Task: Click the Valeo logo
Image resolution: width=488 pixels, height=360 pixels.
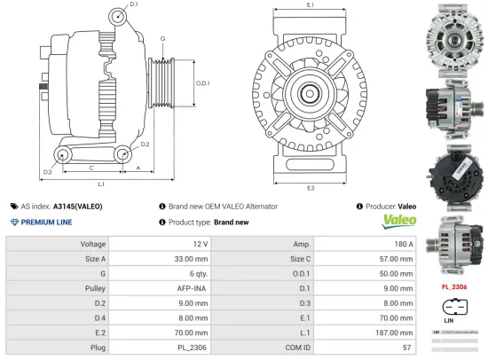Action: click(x=397, y=220)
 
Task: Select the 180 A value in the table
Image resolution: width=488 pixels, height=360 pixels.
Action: click(x=404, y=243)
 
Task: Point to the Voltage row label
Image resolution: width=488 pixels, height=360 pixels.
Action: click(x=93, y=243)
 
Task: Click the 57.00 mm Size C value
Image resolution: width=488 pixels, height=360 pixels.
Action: click(x=396, y=259)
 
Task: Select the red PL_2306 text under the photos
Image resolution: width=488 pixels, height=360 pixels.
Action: click(x=454, y=287)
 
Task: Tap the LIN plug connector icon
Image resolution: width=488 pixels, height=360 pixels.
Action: click(x=454, y=309)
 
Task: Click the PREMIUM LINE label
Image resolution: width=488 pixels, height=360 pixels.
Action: click(x=43, y=222)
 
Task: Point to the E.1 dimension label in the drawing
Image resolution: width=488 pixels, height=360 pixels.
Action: click(x=310, y=6)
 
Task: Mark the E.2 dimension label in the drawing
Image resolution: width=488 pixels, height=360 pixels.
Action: click(x=310, y=187)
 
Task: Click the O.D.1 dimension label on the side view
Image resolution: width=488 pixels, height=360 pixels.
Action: click(x=202, y=83)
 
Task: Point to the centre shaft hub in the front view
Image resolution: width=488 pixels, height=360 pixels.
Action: click(x=310, y=91)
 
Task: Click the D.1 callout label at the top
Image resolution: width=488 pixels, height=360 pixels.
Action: click(x=133, y=5)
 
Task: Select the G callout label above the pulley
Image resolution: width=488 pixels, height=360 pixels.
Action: click(x=162, y=40)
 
